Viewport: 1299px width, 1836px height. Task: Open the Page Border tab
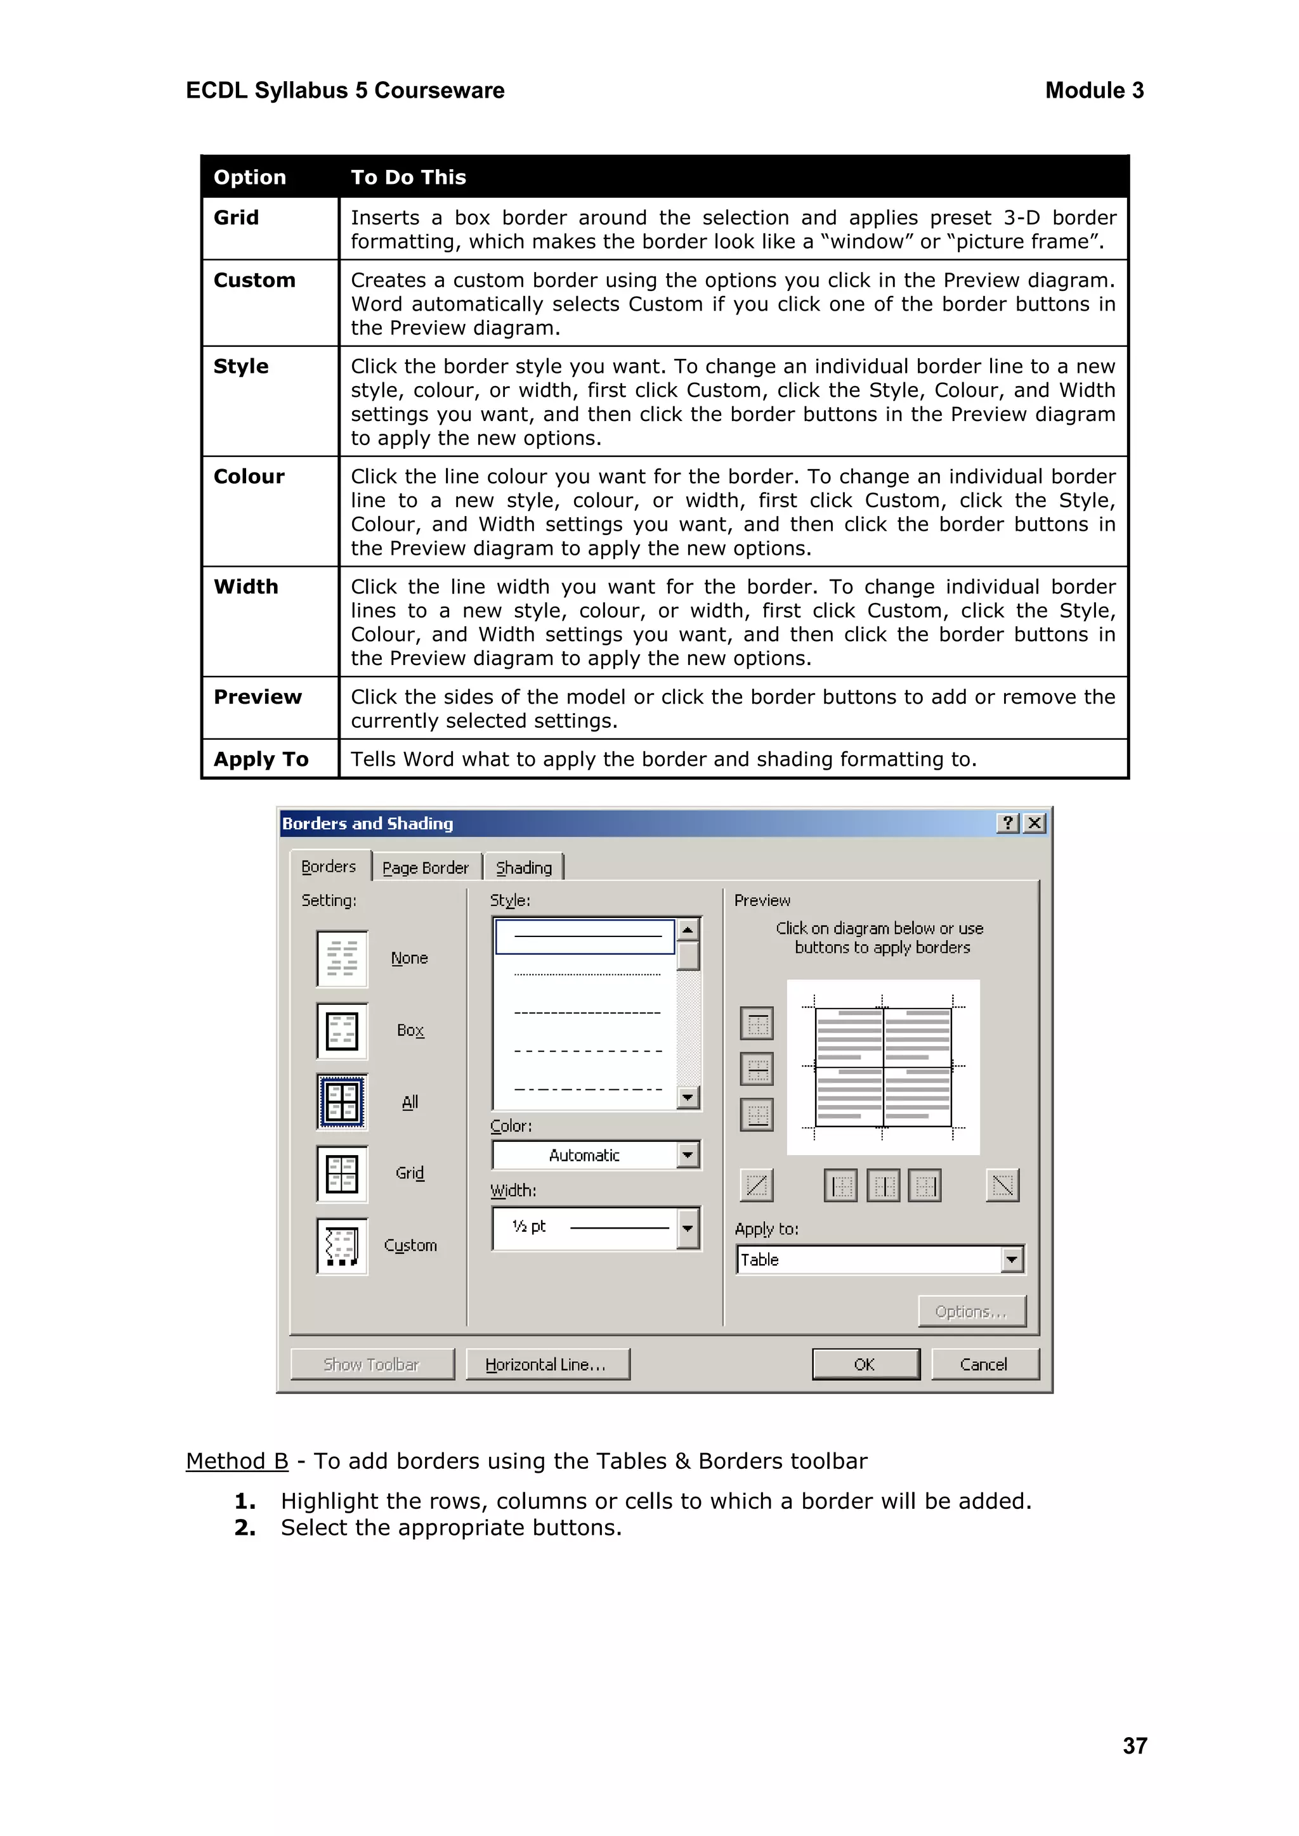click(426, 868)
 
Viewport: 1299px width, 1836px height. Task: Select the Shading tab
click(524, 868)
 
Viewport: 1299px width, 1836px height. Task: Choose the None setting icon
click(343, 958)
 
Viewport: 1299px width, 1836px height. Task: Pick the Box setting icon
click(343, 1031)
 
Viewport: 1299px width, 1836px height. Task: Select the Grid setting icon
click(343, 1174)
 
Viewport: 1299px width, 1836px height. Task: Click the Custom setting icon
click(343, 1246)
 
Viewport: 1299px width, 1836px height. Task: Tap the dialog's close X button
click(1035, 823)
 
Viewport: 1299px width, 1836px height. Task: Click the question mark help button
click(1008, 823)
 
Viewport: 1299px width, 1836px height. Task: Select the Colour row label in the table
click(249, 477)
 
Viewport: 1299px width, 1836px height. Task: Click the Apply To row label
click(261, 759)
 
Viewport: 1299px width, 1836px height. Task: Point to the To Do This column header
click(408, 177)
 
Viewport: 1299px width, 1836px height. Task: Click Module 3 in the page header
click(1093, 91)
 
